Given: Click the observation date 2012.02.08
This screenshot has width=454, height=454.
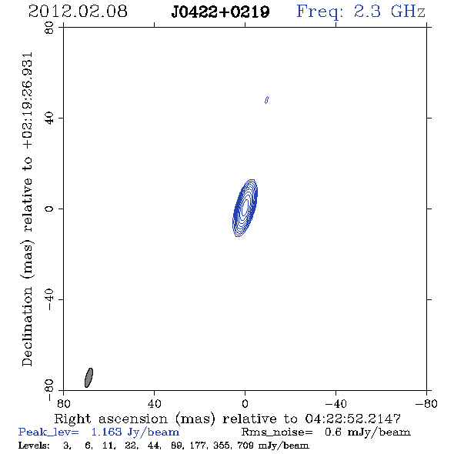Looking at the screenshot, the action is coord(78,12).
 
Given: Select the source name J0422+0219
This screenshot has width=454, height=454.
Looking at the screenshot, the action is coord(220,12).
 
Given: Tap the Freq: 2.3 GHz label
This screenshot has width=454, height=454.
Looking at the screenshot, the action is coord(361,12).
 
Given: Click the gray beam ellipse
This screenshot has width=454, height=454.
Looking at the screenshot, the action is coord(88,378).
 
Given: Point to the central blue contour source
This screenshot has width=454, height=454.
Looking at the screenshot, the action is coord(245,208).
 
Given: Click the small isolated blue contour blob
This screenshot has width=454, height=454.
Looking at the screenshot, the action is coord(266,100).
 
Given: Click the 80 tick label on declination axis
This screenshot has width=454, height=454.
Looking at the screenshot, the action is coord(49,28).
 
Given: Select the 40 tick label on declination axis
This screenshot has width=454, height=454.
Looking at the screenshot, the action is coord(49,119).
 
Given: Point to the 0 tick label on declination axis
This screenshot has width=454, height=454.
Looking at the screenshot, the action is coord(49,209).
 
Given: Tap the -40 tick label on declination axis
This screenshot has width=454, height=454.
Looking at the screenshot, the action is coord(49,299).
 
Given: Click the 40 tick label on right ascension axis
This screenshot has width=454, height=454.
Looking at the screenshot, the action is coord(154,403).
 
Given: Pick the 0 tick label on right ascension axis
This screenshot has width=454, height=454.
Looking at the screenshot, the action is coord(245,403).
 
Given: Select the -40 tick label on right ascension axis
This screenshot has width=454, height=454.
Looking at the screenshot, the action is coord(335,403).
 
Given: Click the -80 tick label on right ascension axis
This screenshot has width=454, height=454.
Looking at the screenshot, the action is coord(426,403).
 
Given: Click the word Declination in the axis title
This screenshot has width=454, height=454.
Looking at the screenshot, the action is coord(27,326).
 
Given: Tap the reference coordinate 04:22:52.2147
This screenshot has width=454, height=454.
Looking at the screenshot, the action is coord(353,419).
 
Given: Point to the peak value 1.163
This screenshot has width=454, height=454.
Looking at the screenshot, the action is coord(107,432).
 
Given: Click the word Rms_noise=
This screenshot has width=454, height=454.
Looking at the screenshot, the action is coord(277,432).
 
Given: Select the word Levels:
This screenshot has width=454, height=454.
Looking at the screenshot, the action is coord(34,445).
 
